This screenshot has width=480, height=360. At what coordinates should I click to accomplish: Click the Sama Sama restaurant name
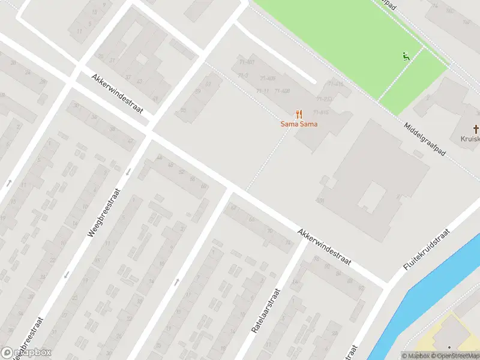click(x=299, y=124)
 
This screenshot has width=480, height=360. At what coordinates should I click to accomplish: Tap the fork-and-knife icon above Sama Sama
click(x=298, y=114)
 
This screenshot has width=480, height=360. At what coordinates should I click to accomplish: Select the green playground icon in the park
click(x=406, y=57)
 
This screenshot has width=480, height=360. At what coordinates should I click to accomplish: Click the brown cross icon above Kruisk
click(x=476, y=129)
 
